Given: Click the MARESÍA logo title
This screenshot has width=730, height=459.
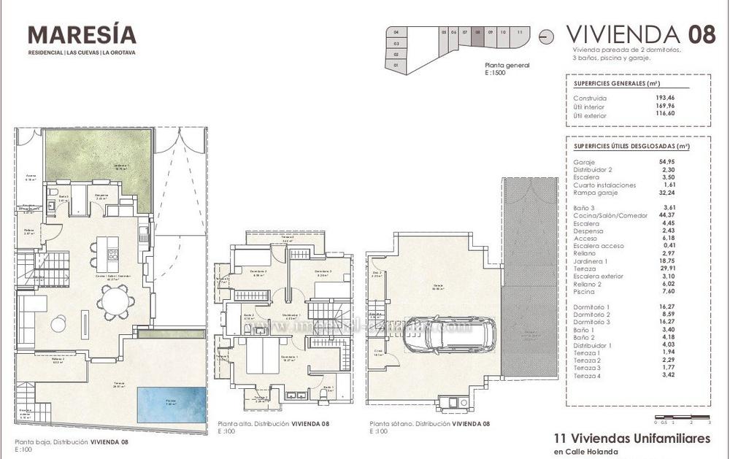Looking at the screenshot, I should click(x=82, y=34).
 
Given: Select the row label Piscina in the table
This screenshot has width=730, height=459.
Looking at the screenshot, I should click(x=585, y=290).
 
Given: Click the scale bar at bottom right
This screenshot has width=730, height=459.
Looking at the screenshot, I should click(x=683, y=417).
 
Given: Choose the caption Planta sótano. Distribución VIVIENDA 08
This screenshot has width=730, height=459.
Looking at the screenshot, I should click(x=429, y=424).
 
